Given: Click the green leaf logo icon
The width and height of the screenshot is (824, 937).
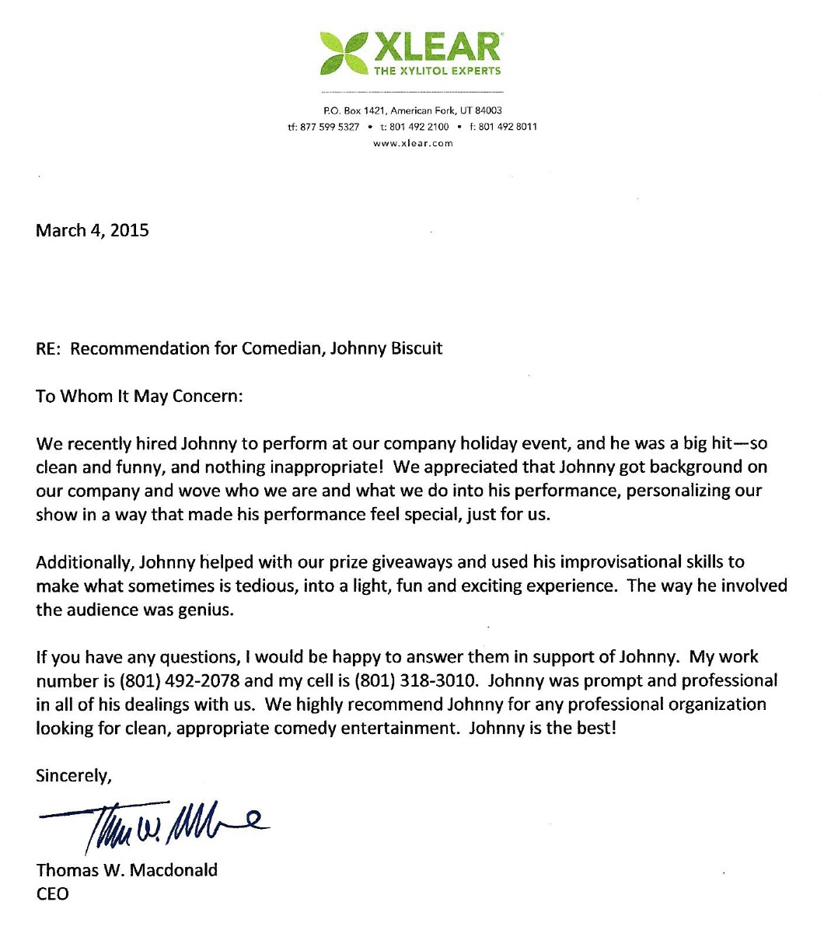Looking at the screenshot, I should coord(344,52).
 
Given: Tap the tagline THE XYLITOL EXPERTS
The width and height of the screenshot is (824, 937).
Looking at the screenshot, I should coord(438,71).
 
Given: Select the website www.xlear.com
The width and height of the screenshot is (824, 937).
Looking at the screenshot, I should coord(413,143).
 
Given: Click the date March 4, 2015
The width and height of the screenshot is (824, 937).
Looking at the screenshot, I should coord(93,231).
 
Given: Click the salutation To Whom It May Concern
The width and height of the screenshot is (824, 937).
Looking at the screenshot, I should coord(140,396).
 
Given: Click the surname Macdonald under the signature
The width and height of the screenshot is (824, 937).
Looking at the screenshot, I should coord(174,869).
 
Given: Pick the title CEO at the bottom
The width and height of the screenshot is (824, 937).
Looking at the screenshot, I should coord(53,894).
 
